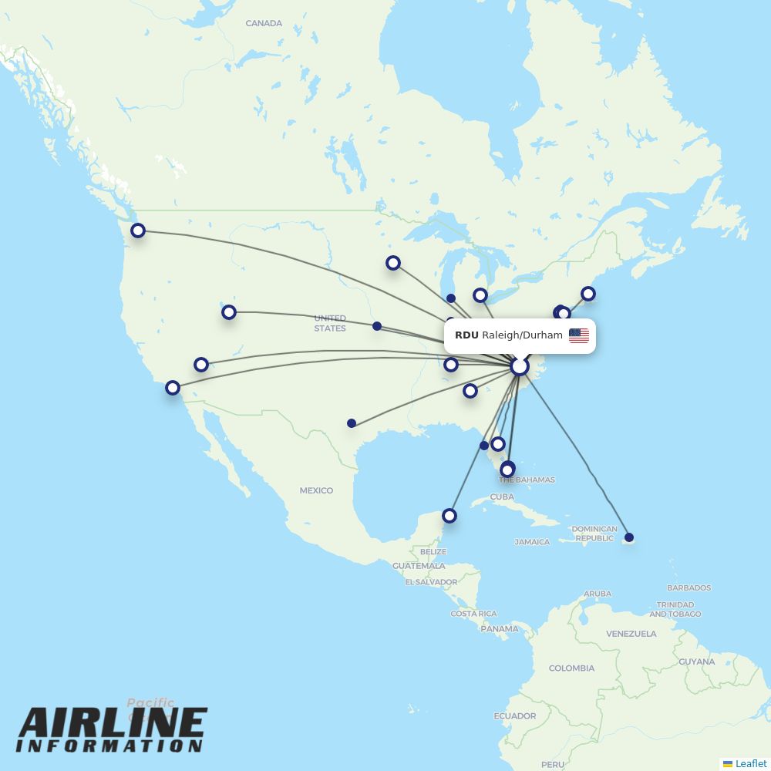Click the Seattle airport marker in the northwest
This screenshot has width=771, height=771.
(x=138, y=230)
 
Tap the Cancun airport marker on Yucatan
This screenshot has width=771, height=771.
(x=449, y=515)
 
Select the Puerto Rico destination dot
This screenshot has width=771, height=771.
(x=629, y=537)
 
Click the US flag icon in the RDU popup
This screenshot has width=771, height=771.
(x=579, y=335)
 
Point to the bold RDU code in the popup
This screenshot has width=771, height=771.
(x=466, y=335)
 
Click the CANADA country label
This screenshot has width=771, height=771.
(x=264, y=23)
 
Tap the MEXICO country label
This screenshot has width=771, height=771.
(x=316, y=490)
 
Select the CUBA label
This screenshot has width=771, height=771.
(x=502, y=497)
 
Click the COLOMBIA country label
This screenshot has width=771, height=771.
(x=571, y=668)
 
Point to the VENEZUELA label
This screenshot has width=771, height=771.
(x=631, y=634)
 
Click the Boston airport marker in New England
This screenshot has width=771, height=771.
(x=588, y=294)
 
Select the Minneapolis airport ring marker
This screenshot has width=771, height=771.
(x=393, y=263)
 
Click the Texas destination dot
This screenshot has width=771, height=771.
(x=352, y=423)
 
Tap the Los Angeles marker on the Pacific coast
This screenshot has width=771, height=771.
(x=173, y=388)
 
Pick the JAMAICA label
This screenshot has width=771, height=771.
(x=532, y=542)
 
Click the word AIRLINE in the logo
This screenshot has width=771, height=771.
(x=113, y=723)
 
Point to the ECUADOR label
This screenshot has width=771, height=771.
(x=515, y=715)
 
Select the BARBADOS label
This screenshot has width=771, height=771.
(x=689, y=588)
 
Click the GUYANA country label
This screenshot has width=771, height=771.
(x=696, y=662)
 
